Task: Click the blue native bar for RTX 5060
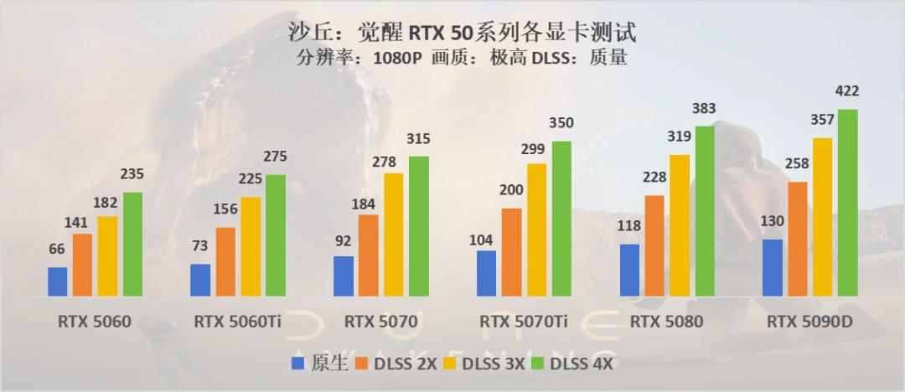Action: tap(57, 281)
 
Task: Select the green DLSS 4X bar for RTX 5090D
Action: tap(848, 203)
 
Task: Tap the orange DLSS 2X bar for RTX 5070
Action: tap(368, 255)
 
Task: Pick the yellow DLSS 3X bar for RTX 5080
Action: tap(680, 225)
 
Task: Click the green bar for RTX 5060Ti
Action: tap(275, 235)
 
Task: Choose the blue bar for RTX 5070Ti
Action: tap(486, 273)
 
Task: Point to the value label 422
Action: tap(848, 91)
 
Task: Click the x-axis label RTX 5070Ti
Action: tap(524, 321)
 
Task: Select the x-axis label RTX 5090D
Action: tap(810, 321)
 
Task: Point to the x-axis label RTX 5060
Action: tap(95, 321)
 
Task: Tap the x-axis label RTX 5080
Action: tap(666, 321)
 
